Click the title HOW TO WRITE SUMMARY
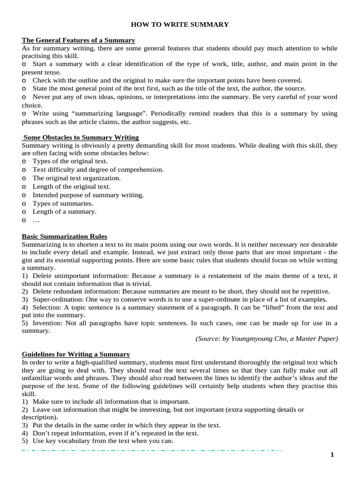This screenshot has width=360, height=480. (x=180, y=24)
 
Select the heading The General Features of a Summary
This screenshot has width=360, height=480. (x=78, y=40)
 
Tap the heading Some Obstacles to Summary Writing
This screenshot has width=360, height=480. (x=81, y=137)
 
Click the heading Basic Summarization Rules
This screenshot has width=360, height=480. (x=65, y=236)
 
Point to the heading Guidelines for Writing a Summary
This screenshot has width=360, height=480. (x=76, y=354)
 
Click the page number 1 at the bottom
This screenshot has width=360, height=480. (x=332, y=455)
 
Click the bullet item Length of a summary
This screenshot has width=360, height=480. (x=64, y=211)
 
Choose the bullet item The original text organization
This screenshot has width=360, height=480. (x=76, y=178)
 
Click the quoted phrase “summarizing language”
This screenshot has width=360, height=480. (x=106, y=113)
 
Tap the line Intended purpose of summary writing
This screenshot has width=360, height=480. (x=88, y=195)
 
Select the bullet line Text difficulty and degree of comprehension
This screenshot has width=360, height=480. (x=98, y=169)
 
